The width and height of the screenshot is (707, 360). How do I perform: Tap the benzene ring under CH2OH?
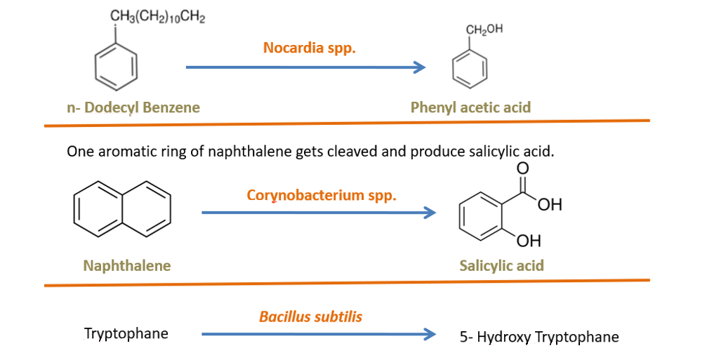pos(468,68)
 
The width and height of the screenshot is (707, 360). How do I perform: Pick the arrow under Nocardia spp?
pos(306,67)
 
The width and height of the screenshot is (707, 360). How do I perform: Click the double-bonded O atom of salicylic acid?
pos(520,168)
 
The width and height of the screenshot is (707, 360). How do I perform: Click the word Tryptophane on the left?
pos(126,333)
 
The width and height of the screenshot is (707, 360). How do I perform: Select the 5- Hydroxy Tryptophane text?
pos(539,337)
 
